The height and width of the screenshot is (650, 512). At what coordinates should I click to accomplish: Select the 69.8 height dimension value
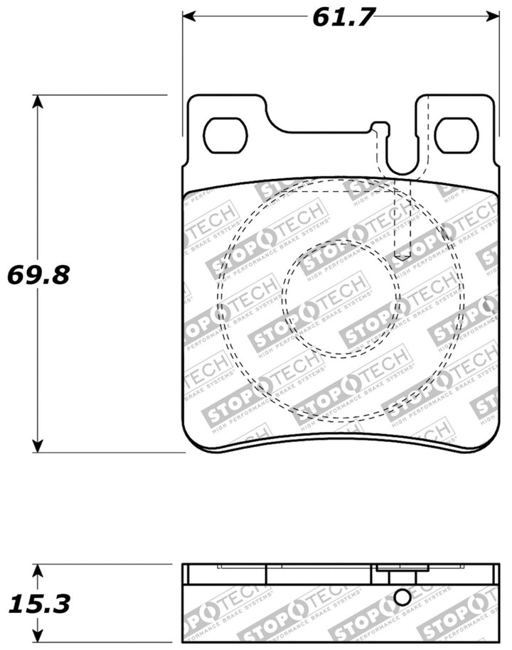click(38, 274)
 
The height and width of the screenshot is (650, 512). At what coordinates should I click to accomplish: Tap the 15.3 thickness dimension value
click(38, 605)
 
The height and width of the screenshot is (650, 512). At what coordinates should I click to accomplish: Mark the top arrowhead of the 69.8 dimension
click(38, 101)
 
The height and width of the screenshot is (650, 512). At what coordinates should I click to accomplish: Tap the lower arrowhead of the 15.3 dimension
click(38, 637)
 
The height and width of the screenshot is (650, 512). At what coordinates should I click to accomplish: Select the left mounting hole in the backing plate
click(225, 136)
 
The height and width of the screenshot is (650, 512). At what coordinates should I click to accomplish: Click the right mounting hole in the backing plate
click(457, 135)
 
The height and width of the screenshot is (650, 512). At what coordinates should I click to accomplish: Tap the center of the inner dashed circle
click(336, 298)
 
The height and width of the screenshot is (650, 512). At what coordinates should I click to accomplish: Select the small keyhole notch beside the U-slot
click(380, 129)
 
